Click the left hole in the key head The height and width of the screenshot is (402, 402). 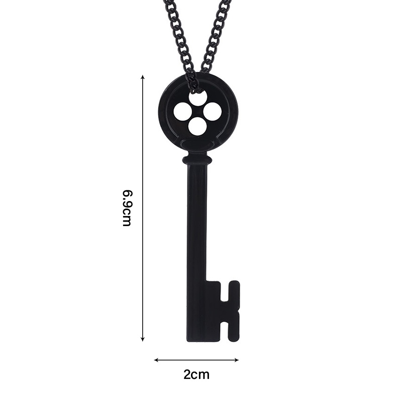(x=183, y=111)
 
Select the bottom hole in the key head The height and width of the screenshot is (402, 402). (x=197, y=126)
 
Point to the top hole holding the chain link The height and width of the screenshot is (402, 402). (x=197, y=97)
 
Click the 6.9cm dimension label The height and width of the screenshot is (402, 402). (x=127, y=208)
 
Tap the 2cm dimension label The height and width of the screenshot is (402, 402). (x=196, y=374)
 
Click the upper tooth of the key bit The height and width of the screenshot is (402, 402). (x=233, y=290)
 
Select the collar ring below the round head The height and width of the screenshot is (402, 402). (x=196, y=160)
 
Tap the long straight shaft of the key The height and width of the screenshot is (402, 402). (x=196, y=226)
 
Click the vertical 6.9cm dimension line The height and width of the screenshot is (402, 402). (x=143, y=151)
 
